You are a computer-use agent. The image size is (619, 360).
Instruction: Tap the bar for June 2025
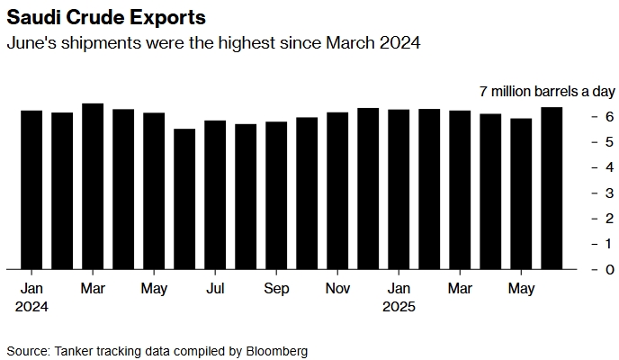[552, 188]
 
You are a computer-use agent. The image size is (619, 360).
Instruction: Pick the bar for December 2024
[368, 188]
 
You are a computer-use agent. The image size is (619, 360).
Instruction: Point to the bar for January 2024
[31, 190]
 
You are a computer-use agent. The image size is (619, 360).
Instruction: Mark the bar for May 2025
[521, 193]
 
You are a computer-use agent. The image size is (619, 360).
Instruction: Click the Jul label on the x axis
[215, 289]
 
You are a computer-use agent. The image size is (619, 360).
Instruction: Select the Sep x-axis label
[276, 289]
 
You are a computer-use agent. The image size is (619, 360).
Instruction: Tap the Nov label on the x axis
[337, 289]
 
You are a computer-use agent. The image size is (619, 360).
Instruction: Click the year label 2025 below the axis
[399, 306]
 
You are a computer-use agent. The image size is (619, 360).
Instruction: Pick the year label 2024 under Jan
[31, 306]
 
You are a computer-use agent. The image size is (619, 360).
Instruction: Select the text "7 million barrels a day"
[545, 92]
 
